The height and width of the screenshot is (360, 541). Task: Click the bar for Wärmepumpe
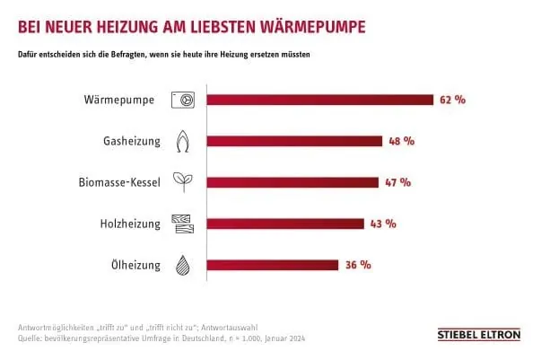[x=321, y=100]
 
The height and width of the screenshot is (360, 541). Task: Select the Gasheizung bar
[x=295, y=141]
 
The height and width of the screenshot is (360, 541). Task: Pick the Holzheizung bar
[x=286, y=224]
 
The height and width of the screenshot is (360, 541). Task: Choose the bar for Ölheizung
[x=274, y=265]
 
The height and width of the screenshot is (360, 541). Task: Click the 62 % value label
[x=453, y=100]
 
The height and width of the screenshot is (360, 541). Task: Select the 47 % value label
[x=397, y=182]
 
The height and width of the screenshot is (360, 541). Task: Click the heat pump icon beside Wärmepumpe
[x=184, y=100]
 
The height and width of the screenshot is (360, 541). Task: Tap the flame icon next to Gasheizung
[x=183, y=141]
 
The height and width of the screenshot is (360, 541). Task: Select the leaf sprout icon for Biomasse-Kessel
[x=183, y=182]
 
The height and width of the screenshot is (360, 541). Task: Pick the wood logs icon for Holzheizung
[x=183, y=224]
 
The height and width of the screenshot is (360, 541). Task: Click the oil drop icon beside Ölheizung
[x=183, y=265]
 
